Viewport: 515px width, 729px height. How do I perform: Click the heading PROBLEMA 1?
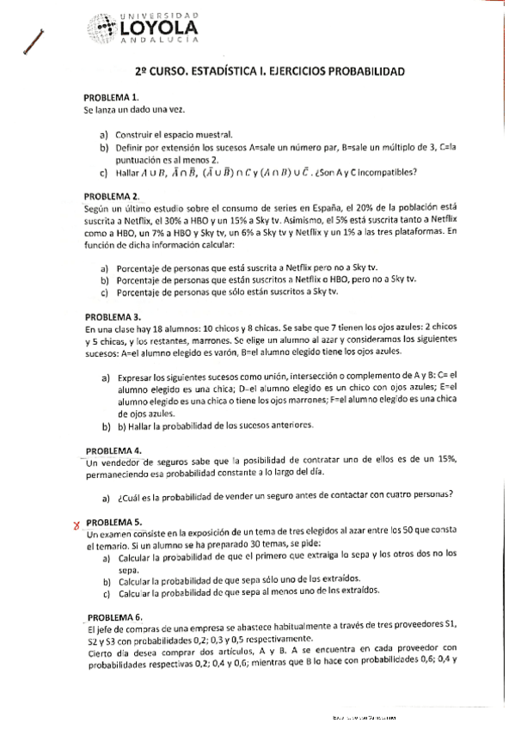(x=112, y=98)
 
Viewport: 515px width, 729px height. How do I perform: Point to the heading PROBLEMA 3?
(x=113, y=317)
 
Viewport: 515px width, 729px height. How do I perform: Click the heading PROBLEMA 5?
(x=114, y=522)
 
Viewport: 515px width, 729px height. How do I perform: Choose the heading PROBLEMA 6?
(x=114, y=616)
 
